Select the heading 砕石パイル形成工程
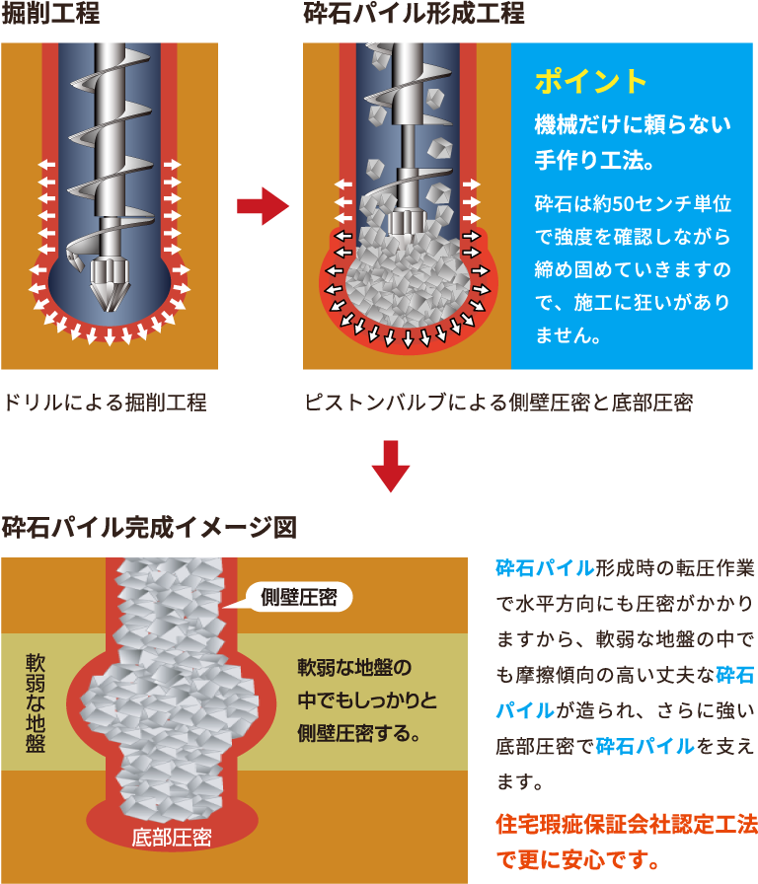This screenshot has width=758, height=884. point(414,14)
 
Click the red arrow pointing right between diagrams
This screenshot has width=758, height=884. point(262,206)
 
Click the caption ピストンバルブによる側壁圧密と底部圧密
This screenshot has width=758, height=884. point(498,403)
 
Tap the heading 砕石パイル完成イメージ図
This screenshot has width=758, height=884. point(149,527)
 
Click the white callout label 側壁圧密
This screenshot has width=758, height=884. point(299,597)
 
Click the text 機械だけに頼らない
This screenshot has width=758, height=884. point(632,125)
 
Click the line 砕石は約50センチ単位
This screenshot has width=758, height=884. point(632,205)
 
